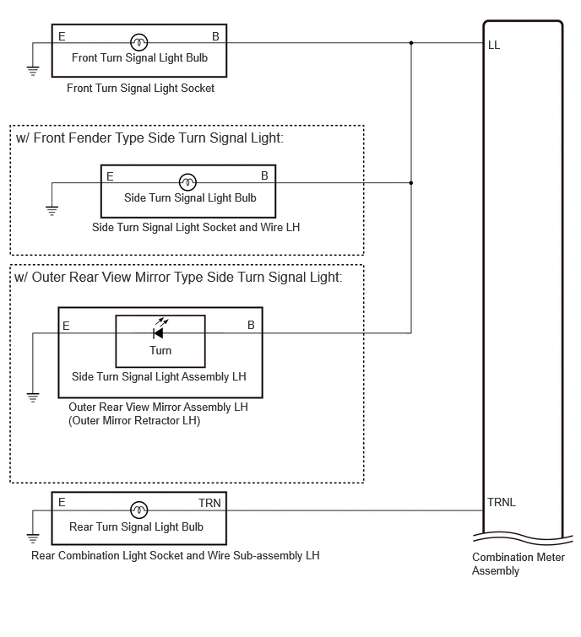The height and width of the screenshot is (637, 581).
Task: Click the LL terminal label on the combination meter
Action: (x=493, y=45)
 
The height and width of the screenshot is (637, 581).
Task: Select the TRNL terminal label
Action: (x=502, y=503)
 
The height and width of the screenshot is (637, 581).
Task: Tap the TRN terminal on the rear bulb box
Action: (x=209, y=503)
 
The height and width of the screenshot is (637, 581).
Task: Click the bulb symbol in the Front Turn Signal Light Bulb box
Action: (x=139, y=42)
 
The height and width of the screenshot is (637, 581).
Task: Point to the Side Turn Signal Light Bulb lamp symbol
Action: (x=187, y=182)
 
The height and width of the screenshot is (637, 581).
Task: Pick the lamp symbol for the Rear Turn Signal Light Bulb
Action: (x=139, y=510)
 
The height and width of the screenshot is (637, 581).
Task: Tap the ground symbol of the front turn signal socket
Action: (x=33, y=71)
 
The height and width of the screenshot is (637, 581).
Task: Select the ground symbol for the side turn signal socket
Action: (x=52, y=211)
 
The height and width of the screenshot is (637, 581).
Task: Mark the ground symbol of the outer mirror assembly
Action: (x=33, y=397)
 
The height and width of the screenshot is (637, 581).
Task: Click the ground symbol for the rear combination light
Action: (x=33, y=538)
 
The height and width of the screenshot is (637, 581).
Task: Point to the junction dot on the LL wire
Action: (x=411, y=43)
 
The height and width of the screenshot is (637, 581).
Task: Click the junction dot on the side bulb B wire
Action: (x=411, y=183)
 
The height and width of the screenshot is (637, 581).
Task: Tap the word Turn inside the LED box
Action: (x=160, y=350)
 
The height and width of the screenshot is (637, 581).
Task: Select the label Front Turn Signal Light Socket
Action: (x=140, y=88)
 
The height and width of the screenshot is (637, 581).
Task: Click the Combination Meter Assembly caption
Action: (x=518, y=564)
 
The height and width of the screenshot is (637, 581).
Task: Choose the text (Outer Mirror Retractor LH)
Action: (x=134, y=420)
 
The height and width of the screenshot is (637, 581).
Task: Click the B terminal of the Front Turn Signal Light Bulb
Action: (x=215, y=36)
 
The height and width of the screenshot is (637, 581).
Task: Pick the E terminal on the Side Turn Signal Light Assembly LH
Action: (x=66, y=326)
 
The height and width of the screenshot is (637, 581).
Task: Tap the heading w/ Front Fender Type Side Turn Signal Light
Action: (x=149, y=138)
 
